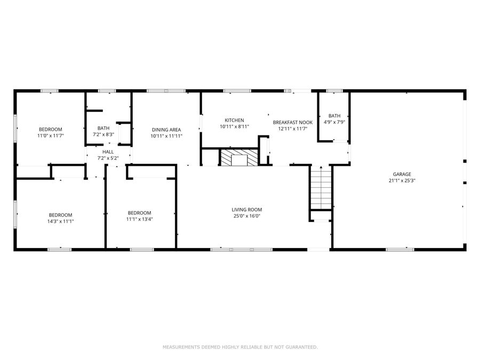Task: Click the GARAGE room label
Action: [402, 174]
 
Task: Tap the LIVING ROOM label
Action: [246, 210]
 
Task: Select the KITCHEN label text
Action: [234, 120]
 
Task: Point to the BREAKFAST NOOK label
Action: [293, 122]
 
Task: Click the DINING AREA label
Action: [166, 130]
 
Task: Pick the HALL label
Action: [108, 152]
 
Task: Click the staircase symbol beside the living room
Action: [321, 188]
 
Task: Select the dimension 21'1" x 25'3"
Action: [402, 180]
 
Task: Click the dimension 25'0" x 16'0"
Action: [246, 217]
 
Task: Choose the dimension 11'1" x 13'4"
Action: [139, 219]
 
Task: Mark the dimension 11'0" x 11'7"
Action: [51, 136]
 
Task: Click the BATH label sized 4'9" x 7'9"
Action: [334, 116]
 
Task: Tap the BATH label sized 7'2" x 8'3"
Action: [103, 128]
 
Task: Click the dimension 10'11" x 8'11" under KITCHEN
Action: [234, 126]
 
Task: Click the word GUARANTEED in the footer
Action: [301, 347]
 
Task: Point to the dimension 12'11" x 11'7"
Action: [293, 129]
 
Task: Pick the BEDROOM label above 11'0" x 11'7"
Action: [51, 130]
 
